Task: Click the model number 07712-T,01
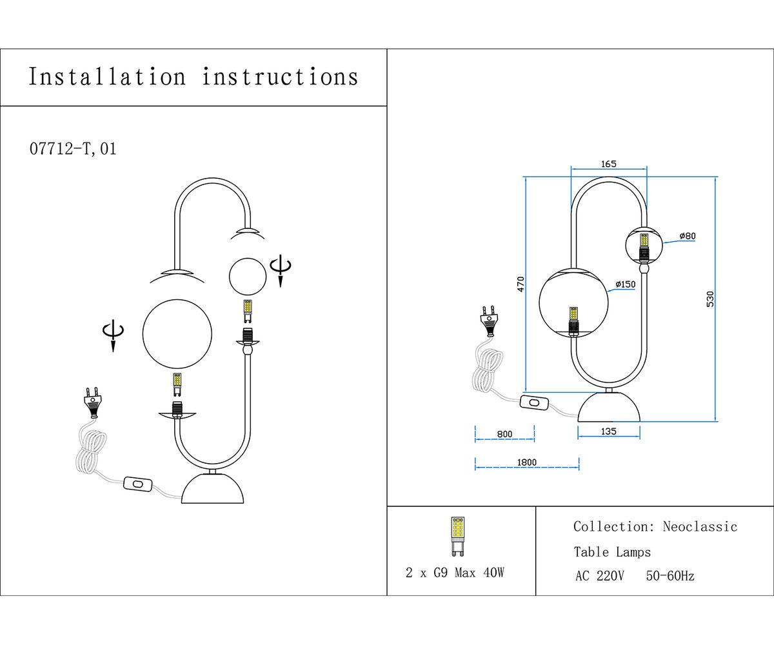[x=74, y=149]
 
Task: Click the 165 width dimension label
[x=609, y=164]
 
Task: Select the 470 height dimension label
[x=521, y=283]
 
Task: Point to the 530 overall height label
[x=710, y=299]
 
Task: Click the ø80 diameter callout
[x=688, y=236]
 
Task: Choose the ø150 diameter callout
[x=625, y=284]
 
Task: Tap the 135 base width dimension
[x=608, y=432]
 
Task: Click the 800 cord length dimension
[x=504, y=434]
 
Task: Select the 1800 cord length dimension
[x=526, y=462]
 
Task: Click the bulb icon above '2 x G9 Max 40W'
[x=457, y=536]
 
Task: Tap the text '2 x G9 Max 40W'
[x=455, y=573]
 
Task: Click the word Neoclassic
[x=700, y=527]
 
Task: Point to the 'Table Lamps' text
[x=612, y=552]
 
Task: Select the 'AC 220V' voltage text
[x=599, y=576]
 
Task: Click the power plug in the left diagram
[x=94, y=401]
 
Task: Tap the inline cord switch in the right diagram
[x=535, y=403]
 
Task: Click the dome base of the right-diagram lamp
[x=609, y=408]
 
